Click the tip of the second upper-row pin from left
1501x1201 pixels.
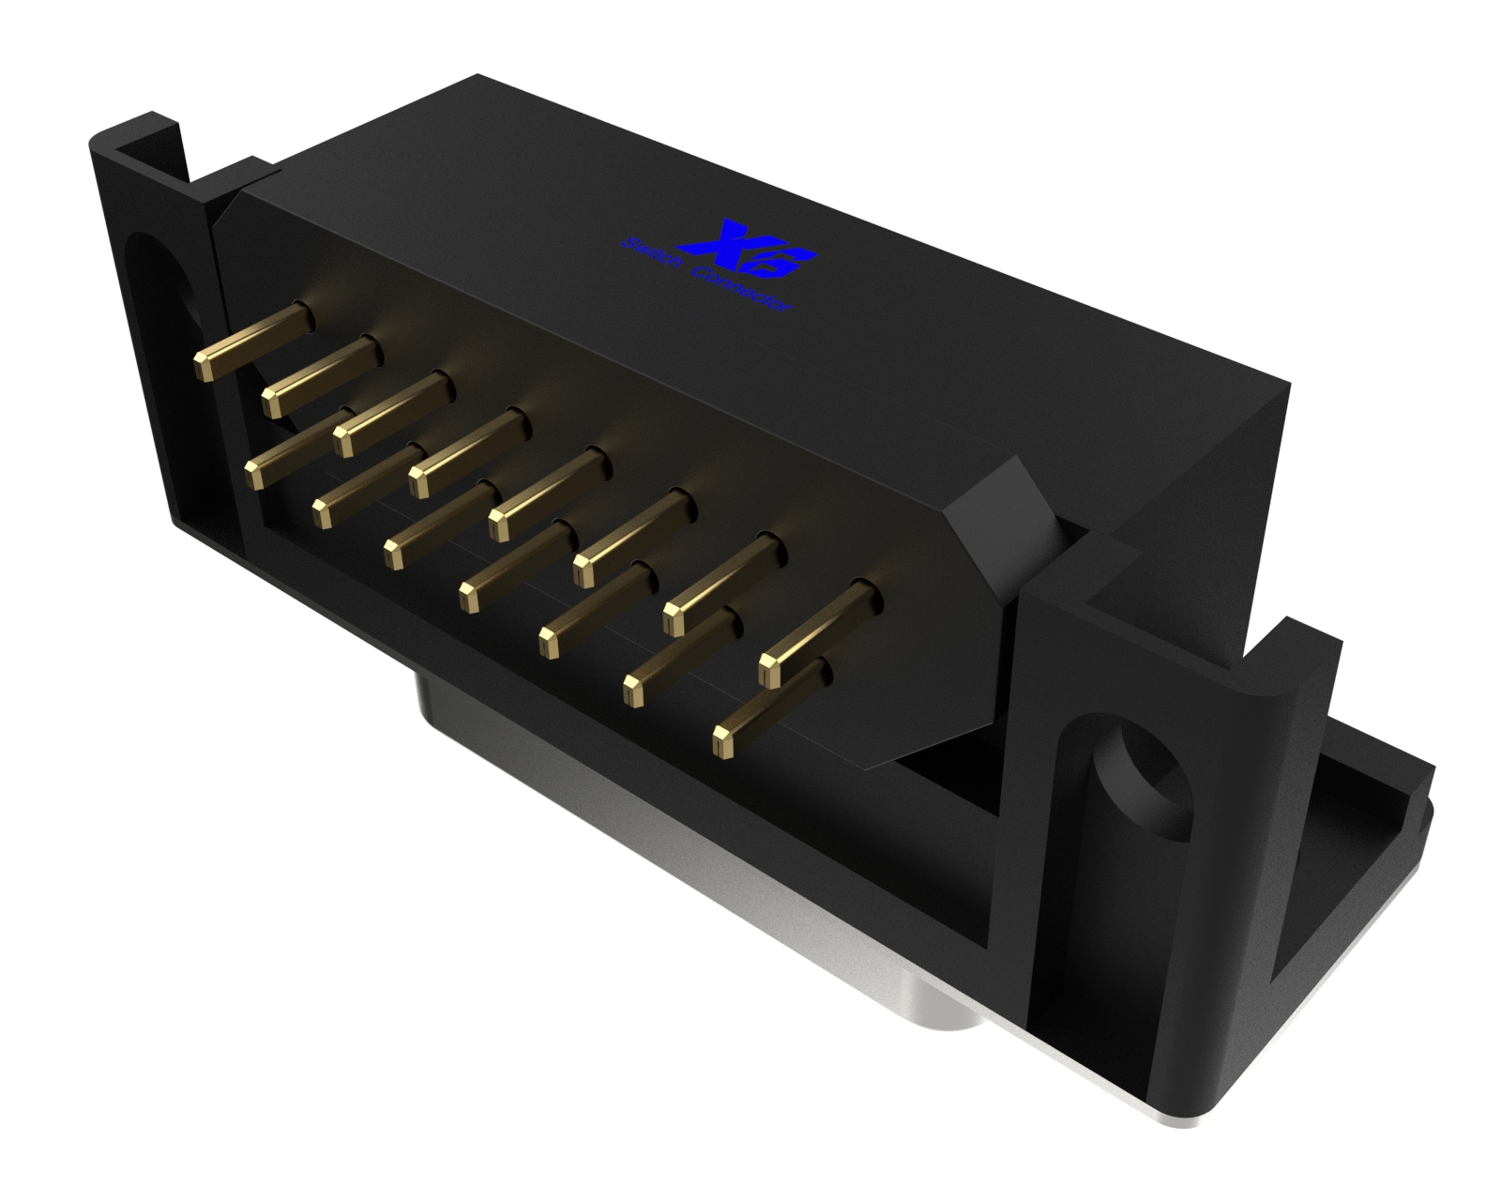pos(273,402)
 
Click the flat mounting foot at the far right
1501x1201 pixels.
pos(1379,826)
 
